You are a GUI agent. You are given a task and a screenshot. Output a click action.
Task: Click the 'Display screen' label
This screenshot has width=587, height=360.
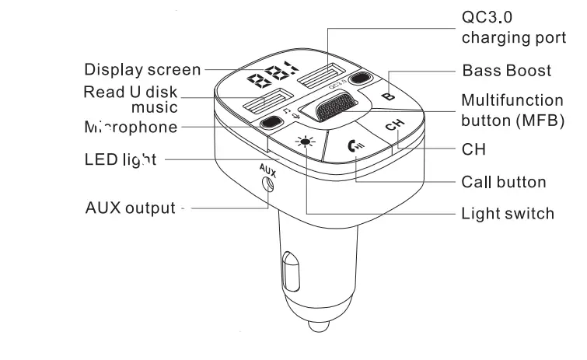click(x=143, y=69)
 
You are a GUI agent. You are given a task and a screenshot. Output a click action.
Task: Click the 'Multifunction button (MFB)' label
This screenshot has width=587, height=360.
click(x=512, y=110)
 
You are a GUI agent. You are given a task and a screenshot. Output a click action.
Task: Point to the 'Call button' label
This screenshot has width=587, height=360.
click(x=503, y=182)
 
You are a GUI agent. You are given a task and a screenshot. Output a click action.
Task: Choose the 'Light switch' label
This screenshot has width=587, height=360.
click(x=508, y=213)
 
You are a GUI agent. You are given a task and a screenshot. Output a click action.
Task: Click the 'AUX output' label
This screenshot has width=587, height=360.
click(x=131, y=208)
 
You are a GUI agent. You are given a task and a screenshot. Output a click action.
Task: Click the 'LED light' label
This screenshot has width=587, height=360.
click(x=121, y=159)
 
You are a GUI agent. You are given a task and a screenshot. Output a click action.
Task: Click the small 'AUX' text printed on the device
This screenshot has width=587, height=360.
click(x=267, y=166)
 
